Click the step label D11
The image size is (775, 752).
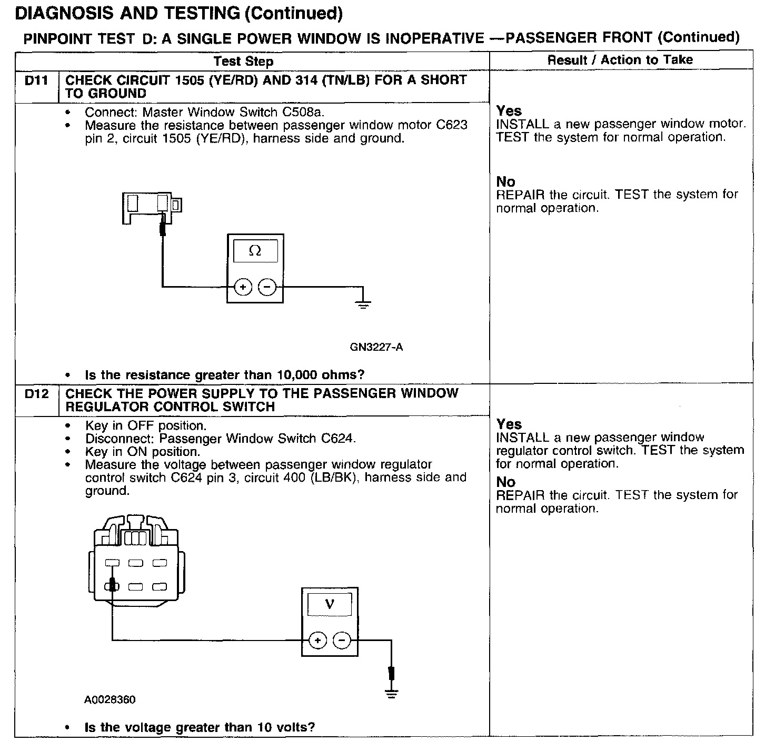[x=36, y=80]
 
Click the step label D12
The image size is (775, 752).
[x=36, y=394]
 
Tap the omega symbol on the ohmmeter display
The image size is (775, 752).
[x=255, y=251]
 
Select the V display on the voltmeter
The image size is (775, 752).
[x=330, y=604]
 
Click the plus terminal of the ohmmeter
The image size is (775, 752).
[x=243, y=287]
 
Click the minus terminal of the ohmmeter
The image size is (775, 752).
[x=267, y=287]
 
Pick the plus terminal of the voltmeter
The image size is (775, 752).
[x=317, y=641]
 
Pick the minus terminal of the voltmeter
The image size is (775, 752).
[x=342, y=641]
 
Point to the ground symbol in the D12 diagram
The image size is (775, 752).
[x=391, y=693]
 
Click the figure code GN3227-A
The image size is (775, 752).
[x=376, y=347]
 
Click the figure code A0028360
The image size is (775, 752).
[x=110, y=700]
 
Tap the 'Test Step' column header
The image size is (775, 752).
[x=243, y=62]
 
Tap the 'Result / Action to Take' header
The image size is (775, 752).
[x=620, y=60]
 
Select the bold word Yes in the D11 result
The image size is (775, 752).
[x=509, y=111]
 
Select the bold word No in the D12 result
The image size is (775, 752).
[x=505, y=482]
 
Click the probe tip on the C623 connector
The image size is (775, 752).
[x=163, y=227]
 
